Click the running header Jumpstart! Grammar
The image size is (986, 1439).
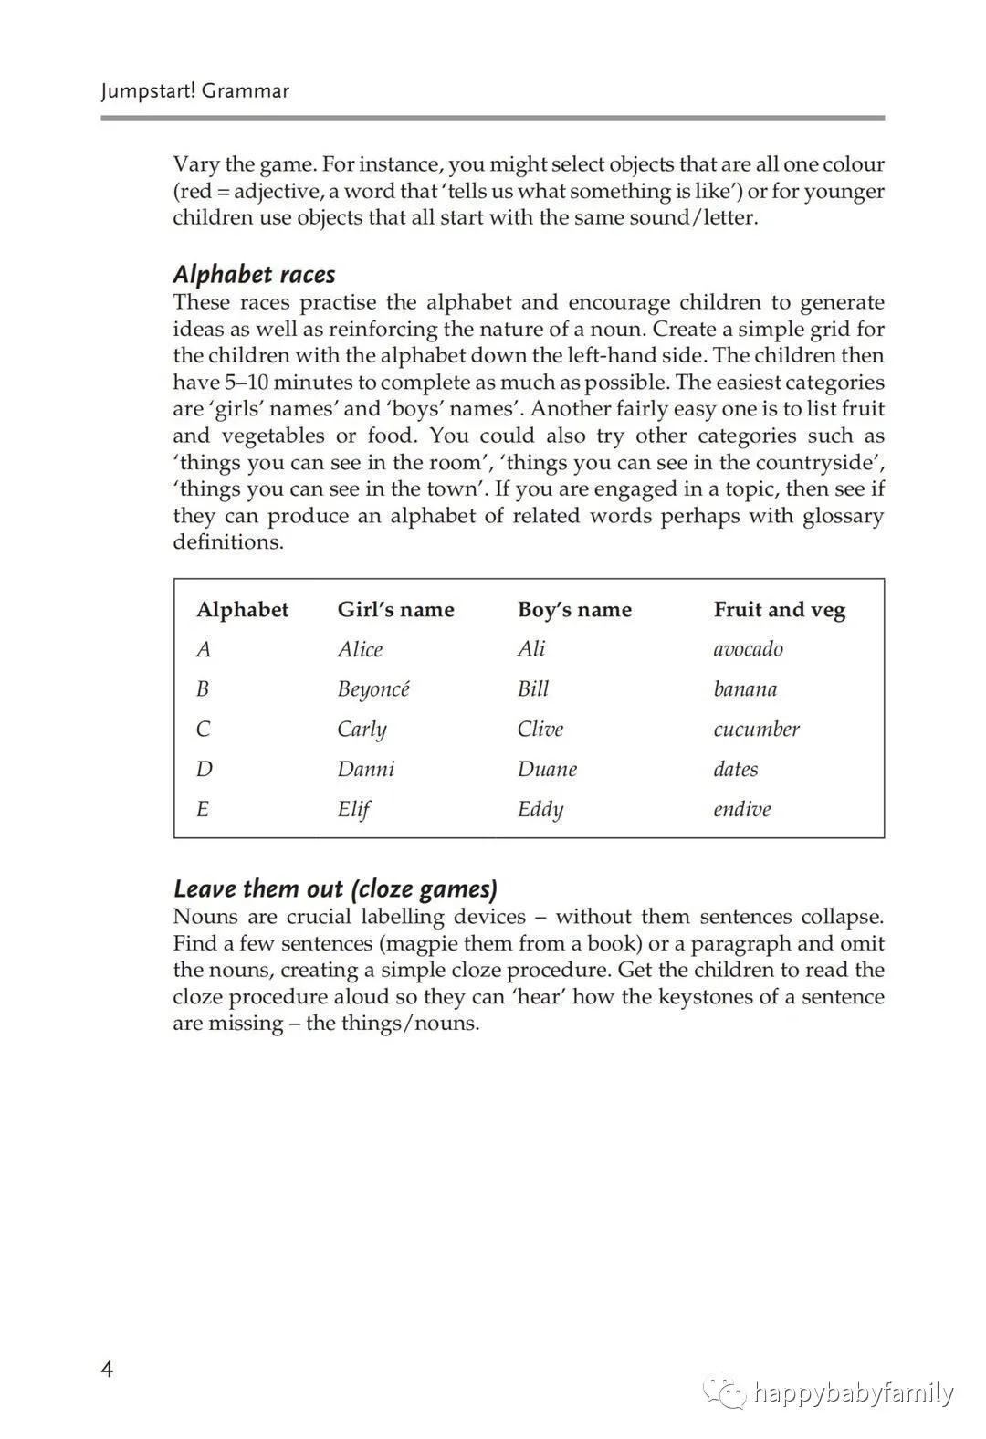pos(194,91)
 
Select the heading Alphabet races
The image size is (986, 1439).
pos(254,275)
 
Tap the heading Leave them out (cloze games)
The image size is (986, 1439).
pos(335,889)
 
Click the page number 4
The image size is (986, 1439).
pos(108,1370)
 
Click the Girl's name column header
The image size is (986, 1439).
pos(395,610)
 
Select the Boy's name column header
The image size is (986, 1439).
pos(574,610)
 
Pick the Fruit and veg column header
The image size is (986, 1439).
pos(780,610)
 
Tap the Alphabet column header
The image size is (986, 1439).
pos(242,610)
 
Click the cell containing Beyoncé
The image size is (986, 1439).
pos(373,689)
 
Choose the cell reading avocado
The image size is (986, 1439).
pos(748,649)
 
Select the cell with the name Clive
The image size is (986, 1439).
pos(540,730)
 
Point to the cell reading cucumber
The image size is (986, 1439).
pos(756,730)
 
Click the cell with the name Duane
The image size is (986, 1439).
pos(547,769)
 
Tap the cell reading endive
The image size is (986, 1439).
pos(741,809)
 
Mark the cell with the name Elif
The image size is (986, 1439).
pos(353,809)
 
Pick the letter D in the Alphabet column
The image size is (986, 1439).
pos(204,769)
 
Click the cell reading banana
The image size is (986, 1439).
pos(745,689)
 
